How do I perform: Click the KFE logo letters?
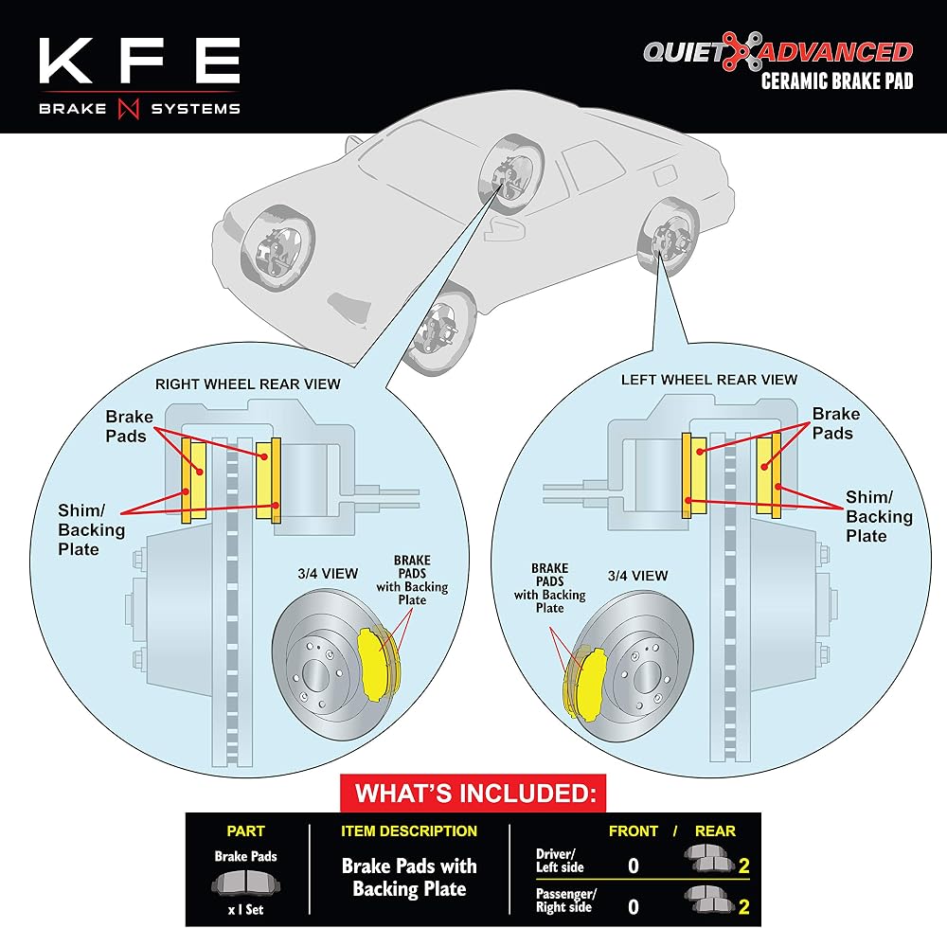click(139, 61)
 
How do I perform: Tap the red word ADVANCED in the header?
click(836, 52)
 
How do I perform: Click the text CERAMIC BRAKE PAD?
click(837, 80)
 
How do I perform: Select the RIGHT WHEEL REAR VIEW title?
click(247, 384)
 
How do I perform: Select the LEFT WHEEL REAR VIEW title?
click(709, 380)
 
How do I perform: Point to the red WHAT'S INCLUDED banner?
click(473, 793)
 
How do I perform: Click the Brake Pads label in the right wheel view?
click(129, 426)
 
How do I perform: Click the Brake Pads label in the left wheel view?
click(836, 423)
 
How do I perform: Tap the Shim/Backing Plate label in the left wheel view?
click(879, 516)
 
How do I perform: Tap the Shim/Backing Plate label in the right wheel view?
click(91, 529)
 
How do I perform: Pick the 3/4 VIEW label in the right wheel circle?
click(328, 574)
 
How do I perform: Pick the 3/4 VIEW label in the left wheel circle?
click(637, 576)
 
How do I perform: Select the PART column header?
click(245, 831)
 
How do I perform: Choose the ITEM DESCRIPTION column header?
click(409, 831)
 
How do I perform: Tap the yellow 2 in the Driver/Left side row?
click(743, 866)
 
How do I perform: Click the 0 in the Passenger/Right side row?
click(633, 907)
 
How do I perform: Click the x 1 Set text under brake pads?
click(245, 909)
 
